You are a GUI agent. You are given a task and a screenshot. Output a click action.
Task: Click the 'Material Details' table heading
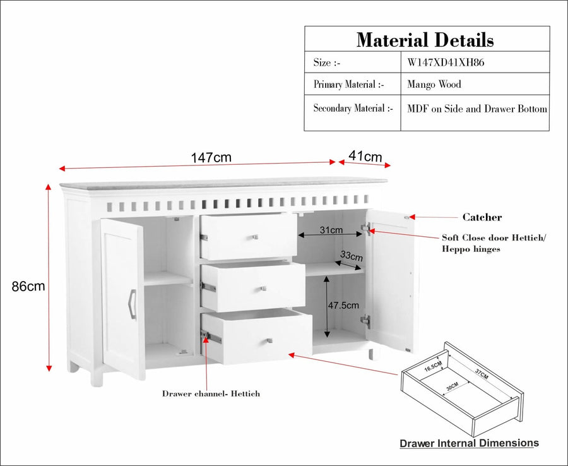pos(425,40)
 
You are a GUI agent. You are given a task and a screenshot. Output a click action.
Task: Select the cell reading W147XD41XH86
pos(446,63)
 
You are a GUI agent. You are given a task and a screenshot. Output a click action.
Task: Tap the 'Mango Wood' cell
pos(434,85)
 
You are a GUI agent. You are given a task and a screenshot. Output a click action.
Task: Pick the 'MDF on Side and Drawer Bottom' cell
pos(477,109)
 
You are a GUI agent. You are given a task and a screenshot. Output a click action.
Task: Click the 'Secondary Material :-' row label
pos(353,108)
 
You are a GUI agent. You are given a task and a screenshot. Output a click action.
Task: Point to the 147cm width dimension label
pos(211,158)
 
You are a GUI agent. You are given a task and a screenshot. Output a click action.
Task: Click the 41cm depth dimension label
pos(365,156)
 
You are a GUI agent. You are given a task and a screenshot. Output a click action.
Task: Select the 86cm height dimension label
pos(28,286)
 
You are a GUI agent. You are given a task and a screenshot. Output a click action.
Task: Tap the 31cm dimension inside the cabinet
pos(331,230)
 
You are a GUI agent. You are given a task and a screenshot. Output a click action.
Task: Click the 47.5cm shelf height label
pos(343,306)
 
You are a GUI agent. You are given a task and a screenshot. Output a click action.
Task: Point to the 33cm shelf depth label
pos(351,256)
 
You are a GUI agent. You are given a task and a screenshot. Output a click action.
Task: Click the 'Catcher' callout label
pos(482,217)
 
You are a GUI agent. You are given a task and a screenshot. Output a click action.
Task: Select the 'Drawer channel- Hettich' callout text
pos(211,393)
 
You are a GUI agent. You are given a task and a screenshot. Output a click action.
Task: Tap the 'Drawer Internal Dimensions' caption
pos(469,443)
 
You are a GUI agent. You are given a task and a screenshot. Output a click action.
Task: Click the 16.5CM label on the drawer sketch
pos(433,366)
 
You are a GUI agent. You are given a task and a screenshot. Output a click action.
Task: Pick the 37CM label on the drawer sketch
pos(482,374)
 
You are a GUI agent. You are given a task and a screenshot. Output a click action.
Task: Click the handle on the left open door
pos(133,304)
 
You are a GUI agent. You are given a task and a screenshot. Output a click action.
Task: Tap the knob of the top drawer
pos(255,237)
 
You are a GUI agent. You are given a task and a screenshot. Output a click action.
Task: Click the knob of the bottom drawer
pos(269,340)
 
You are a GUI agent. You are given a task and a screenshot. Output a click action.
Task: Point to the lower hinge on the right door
pos(365,320)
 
